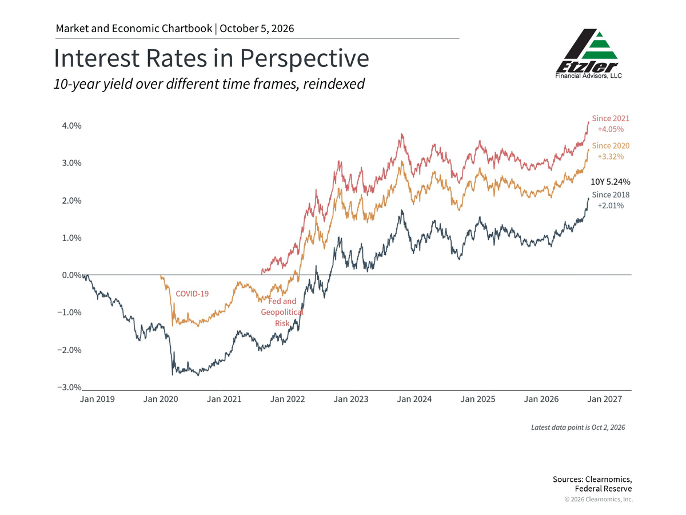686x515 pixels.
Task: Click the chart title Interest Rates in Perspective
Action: tap(212, 58)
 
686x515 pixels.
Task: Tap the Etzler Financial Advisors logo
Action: tap(588, 54)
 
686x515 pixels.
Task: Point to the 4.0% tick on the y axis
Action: tap(71, 126)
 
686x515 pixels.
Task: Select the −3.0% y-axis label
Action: tap(69, 387)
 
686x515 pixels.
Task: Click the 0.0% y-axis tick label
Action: tap(71, 275)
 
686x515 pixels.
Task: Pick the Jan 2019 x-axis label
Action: tap(97, 399)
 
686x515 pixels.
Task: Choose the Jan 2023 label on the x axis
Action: tap(351, 399)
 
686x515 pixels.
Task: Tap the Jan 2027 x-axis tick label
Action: tap(605, 399)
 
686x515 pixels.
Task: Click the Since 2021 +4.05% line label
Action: tap(611, 124)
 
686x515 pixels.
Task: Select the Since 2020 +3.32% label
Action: tap(611, 151)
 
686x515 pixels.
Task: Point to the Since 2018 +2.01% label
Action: tap(611, 200)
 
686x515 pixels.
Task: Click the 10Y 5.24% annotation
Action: tap(611, 182)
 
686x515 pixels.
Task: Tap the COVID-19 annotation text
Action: tap(192, 294)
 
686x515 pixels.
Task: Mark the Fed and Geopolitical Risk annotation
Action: tap(282, 312)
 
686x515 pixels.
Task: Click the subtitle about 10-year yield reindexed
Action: tap(209, 84)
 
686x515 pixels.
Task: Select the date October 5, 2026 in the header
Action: tap(257, 29)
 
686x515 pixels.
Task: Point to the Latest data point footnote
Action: tap(578, 427)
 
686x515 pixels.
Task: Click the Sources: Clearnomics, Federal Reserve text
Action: tap(592, 484)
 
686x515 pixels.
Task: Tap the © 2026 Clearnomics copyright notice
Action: tap(599, 500)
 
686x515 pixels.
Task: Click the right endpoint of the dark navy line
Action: tap(588, 198)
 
